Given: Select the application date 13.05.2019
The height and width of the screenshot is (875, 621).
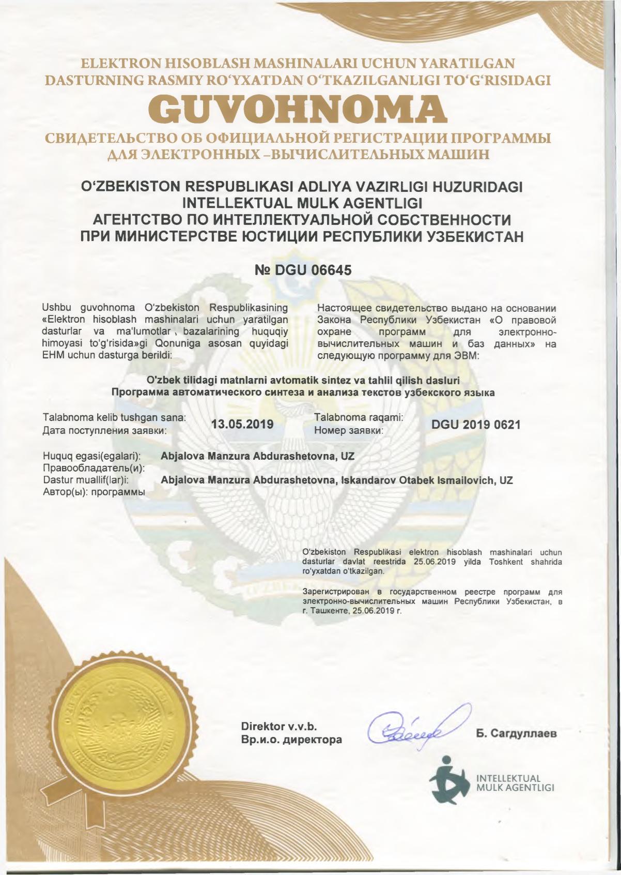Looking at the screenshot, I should [242, 425].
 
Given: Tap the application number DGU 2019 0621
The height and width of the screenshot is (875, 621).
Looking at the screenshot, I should [476, 425].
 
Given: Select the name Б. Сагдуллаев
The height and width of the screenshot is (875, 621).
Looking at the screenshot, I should [516, 733].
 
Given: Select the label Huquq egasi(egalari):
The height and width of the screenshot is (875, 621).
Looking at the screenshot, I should [92, 457].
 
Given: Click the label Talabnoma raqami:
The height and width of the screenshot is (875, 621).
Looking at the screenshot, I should [359, 417].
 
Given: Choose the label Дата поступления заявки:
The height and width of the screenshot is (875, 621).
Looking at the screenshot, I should [104, 430].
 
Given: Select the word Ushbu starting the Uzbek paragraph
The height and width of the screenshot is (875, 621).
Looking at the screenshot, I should [57, 308].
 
